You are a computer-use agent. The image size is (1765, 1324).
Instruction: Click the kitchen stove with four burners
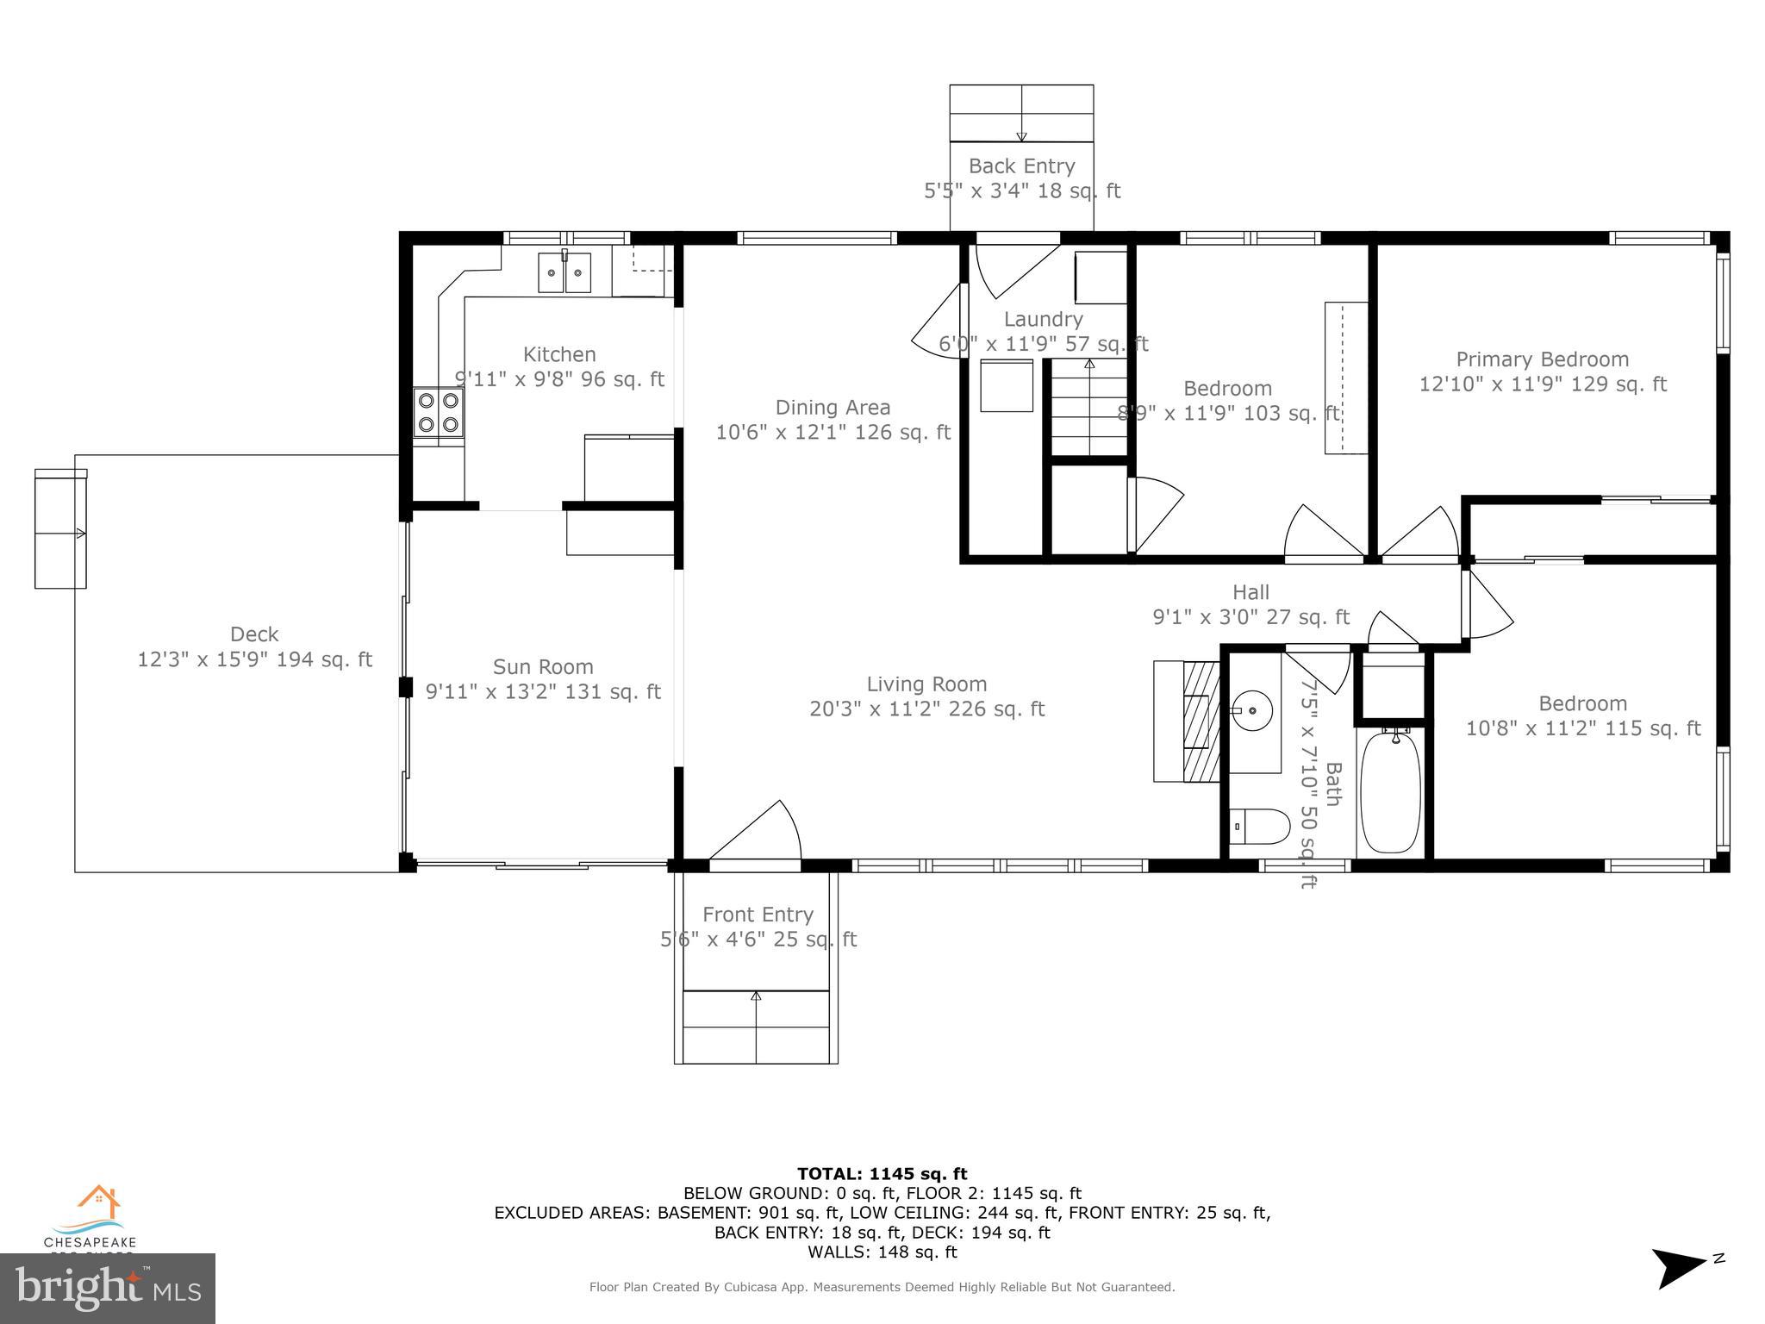[x=438, y=412]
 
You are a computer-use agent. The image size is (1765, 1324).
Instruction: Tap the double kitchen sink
[x=564, y=272]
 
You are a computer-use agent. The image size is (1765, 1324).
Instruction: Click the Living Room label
[x=926, y=684]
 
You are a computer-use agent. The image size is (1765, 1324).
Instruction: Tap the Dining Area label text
[x=833, y=408]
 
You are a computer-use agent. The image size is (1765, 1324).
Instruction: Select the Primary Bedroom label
[x=1542, y=359]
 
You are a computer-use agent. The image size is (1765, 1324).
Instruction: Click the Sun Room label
[x=543, y=667]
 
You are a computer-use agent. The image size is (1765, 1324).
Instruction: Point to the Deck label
[x=254, y=634]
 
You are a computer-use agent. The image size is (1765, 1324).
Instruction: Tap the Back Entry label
[x=1021, y=166]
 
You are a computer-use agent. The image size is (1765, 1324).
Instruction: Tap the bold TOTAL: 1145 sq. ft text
[x=882, y=1173]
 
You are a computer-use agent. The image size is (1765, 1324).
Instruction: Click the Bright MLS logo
[x=108, y=1288]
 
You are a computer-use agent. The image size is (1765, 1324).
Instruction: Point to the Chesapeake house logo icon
[x=97, y=1202]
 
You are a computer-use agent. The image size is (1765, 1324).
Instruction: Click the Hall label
[x=1250, y=592]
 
